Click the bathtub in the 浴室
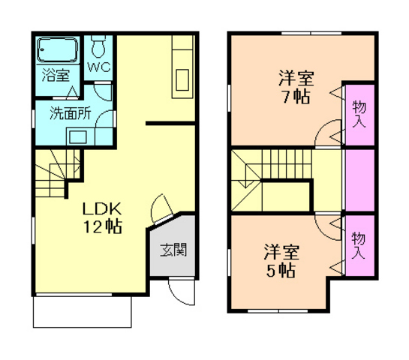tap(57, 49)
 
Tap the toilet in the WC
tap(98, 46)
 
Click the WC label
tap(99, 67)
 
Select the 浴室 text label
tap(56, 75)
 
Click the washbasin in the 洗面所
tap(78, 136)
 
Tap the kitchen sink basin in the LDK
tap(182, 79)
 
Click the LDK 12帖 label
tap(102, 217)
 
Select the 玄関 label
tap(173, 250)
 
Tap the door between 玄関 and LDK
tap(161, 208)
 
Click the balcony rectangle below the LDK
tap(82, 312)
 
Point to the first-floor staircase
tap(57, 172)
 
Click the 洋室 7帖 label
tap(296, 87)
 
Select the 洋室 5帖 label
tap(281, 260)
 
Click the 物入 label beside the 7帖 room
tap(359, 114)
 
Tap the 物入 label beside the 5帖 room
tap(359, 245)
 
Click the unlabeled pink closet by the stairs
tap(360, 180)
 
